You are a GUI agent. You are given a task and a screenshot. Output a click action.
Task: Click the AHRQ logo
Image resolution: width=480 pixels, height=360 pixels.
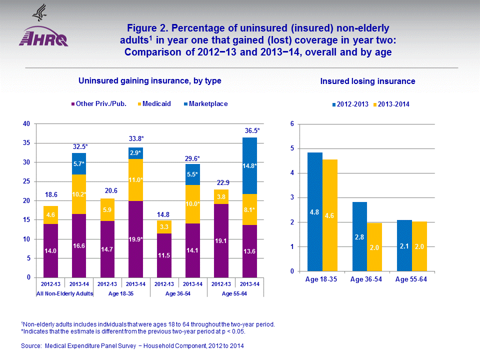[x=43, y=37]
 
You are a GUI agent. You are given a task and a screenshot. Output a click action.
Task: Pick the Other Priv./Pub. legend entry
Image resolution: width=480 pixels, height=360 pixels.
[x=98, y=104]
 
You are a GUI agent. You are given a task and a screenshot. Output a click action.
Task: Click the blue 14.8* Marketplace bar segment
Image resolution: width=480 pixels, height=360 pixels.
[x=249, y=165]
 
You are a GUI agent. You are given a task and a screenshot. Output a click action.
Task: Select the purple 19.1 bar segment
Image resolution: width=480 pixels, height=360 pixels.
[x=221, y=240]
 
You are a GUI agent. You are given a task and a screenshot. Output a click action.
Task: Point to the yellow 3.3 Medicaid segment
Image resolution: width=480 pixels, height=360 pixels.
[x=164, y=227]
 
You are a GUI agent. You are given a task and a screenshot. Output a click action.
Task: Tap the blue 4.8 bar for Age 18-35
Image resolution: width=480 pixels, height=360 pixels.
[x=315, y=212]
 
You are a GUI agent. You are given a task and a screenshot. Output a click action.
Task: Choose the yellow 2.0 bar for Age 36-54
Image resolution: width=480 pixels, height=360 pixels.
[x=374, y=247]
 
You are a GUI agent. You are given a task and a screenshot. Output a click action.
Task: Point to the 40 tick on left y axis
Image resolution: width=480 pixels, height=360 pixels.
[x=26, y=124]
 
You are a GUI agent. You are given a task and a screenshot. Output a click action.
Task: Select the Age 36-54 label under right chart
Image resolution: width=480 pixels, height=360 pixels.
[x=367, y=279]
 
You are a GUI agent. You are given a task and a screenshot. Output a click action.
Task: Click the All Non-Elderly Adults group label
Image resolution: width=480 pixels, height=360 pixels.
[x=65, y=293]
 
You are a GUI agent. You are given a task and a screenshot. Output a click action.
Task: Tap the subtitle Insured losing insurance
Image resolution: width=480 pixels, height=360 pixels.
[x=367, y=81]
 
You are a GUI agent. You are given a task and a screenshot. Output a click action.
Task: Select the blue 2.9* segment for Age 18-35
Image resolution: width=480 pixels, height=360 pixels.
[x=136, y=152]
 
